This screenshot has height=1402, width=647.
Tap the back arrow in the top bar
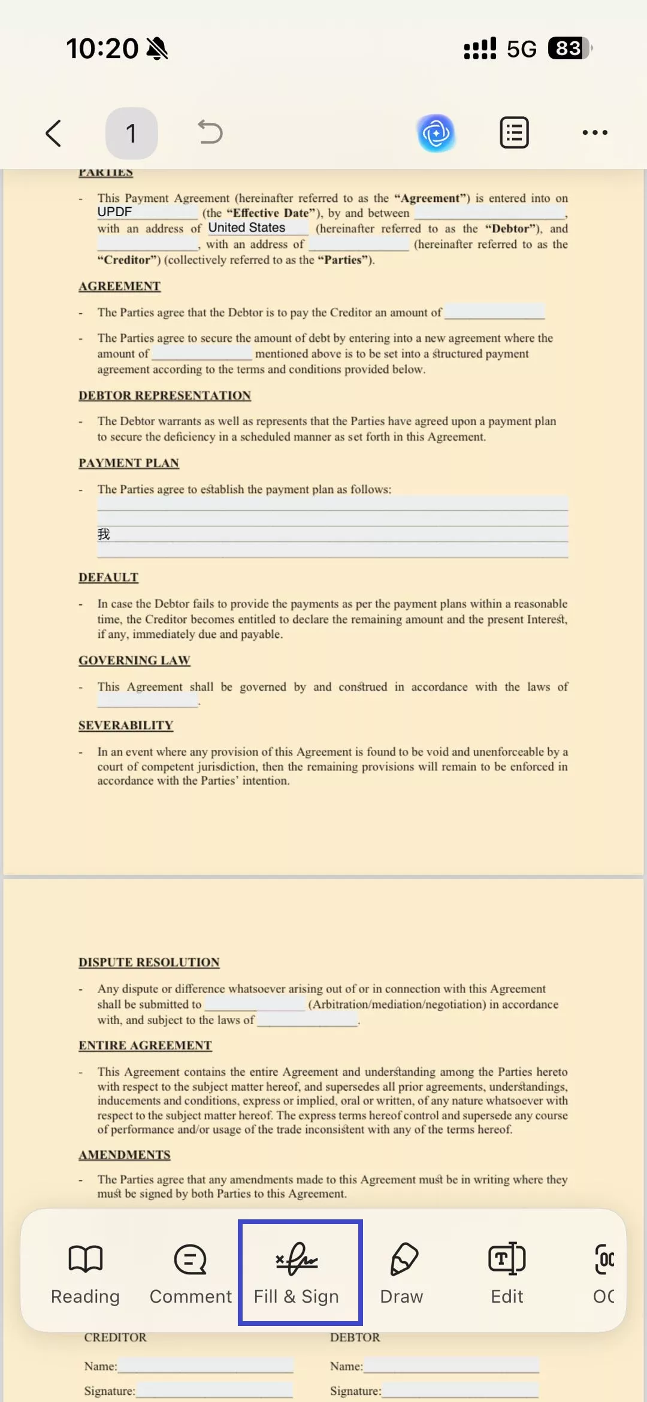(54, 133)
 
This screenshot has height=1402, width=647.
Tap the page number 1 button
(131, 133)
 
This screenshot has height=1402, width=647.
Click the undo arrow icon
(210, 132)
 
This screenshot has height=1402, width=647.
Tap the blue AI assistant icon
(436, 133)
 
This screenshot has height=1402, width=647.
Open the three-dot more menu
(595, 133)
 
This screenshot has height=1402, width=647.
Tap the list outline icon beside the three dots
(514, 133)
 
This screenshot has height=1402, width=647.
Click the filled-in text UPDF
(115, 212)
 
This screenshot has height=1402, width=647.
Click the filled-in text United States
(247, 228)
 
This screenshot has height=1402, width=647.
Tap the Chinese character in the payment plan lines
(104, 534)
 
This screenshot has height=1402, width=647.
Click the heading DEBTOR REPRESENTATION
(165, 396)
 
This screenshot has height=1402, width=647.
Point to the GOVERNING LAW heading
(134, 661)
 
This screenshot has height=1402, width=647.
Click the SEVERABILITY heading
(126, 726)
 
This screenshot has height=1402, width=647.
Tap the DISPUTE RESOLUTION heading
(149, 962)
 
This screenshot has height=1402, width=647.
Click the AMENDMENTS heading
(125, 1155)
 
